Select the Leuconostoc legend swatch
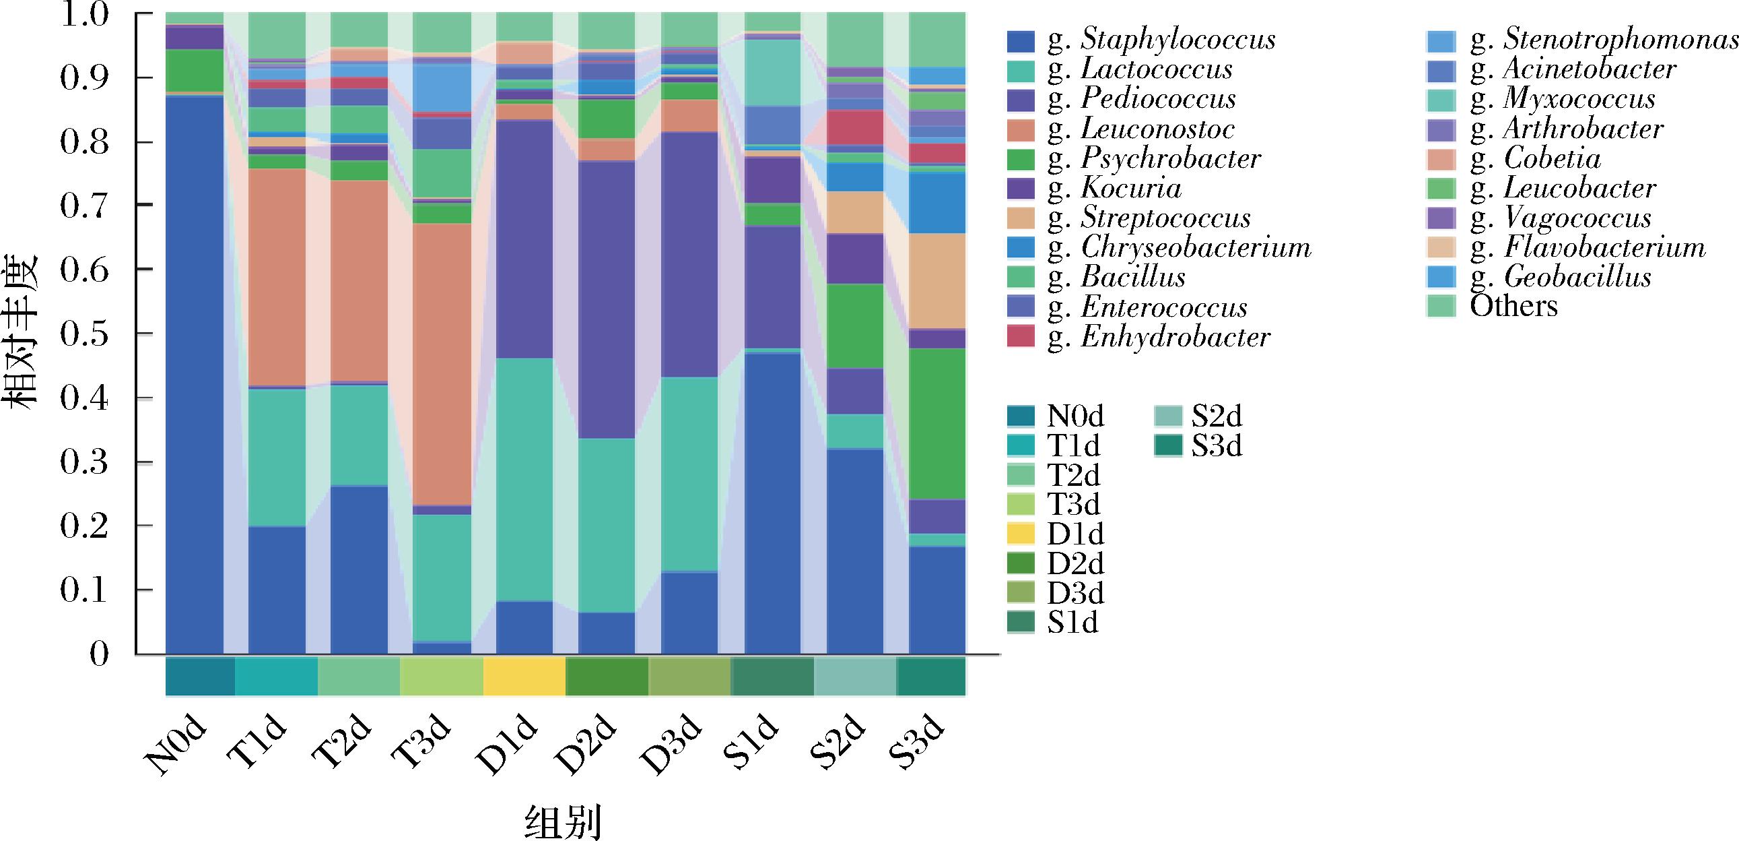[1021, 129]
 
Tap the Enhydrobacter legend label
[1175, 337]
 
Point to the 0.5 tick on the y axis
[85, 334]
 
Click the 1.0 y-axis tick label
[85, 15]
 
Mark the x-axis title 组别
[563, 821]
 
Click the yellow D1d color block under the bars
[524, 676]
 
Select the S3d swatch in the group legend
[1168, 446]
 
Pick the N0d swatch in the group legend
[1021, 416]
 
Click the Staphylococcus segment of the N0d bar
[195, 371]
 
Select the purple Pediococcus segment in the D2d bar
[607, 297]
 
